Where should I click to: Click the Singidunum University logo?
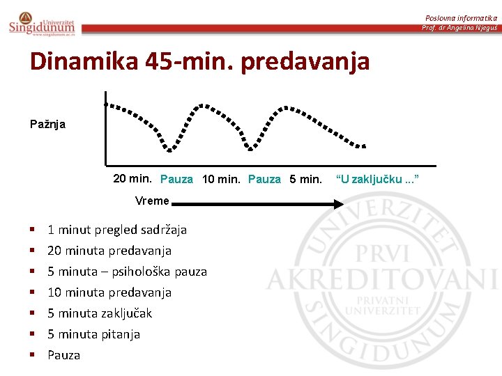42,23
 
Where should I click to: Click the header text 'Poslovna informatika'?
461,17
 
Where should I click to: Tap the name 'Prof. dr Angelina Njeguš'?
459,28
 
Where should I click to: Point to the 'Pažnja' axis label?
47,124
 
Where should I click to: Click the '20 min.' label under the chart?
134,179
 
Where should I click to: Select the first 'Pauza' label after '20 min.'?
176,180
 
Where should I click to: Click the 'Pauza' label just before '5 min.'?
264,180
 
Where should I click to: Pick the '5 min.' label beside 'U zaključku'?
306,180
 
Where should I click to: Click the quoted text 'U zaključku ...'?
377,180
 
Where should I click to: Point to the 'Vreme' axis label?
152,201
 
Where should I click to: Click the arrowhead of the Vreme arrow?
338,204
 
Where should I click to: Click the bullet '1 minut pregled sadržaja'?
116,230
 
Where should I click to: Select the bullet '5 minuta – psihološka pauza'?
127,272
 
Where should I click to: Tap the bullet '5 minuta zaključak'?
99,313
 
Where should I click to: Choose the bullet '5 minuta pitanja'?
93,334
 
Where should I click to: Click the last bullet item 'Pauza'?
63,355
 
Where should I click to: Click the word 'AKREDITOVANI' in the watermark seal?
381,279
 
